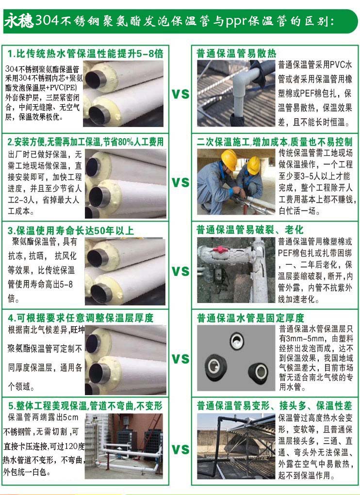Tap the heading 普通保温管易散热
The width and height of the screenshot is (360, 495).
point(236,53)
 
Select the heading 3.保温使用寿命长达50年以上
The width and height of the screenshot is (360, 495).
point(71,230)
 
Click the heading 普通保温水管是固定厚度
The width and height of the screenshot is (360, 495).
point(250,318)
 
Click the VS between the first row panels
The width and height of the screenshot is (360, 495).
point(180,94)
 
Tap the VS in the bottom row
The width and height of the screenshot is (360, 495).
point(180,449)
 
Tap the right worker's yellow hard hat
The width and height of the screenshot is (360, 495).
point(254,164)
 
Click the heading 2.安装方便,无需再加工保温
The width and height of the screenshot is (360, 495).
point(86,142)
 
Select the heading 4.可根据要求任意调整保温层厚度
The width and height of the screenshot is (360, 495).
point(81,318)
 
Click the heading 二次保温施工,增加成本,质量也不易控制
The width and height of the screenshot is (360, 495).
point(274,142)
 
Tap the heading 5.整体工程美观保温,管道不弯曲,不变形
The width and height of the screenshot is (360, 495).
point(85,406)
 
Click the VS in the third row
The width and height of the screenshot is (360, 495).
point(180,271)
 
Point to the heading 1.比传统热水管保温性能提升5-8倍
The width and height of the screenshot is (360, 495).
point(85,53)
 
